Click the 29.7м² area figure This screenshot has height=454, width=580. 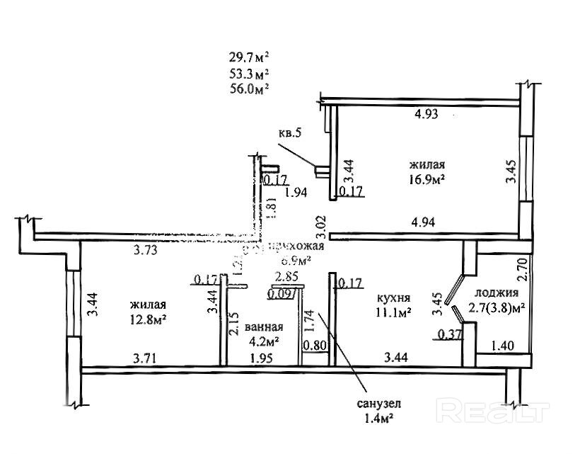point(250,57)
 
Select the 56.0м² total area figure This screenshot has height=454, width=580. point(250,88)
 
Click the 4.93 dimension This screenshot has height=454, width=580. point(426,115)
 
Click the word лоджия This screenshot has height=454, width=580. point(497,293)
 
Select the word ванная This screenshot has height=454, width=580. point(264,328)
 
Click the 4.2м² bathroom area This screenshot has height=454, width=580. point(263,341)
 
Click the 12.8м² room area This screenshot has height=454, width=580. point(148,319)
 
